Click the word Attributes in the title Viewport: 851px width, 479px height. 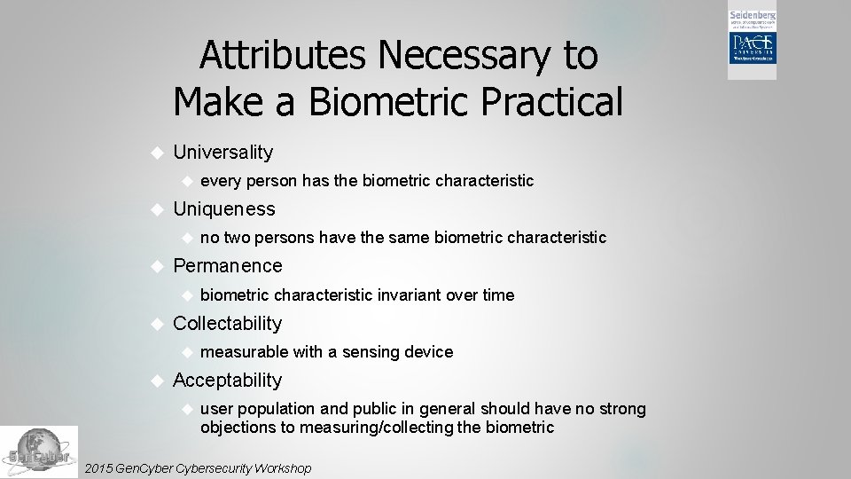[283, 56]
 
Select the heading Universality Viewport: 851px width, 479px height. [223, 153]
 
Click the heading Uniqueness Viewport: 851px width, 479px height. [224, 209]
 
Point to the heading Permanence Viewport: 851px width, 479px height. [228, 266]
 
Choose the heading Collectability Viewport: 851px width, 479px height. [227, 324]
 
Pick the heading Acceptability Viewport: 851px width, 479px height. [227, 381]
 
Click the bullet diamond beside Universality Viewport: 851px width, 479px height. [157, 153]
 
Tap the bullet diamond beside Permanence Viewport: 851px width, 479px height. [157, 266]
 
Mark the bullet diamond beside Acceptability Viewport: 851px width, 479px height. [157, 381]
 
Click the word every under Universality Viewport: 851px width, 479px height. [222, 181]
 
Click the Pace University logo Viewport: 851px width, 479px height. [752, 52]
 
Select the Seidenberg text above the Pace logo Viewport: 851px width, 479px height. [752, 17]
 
